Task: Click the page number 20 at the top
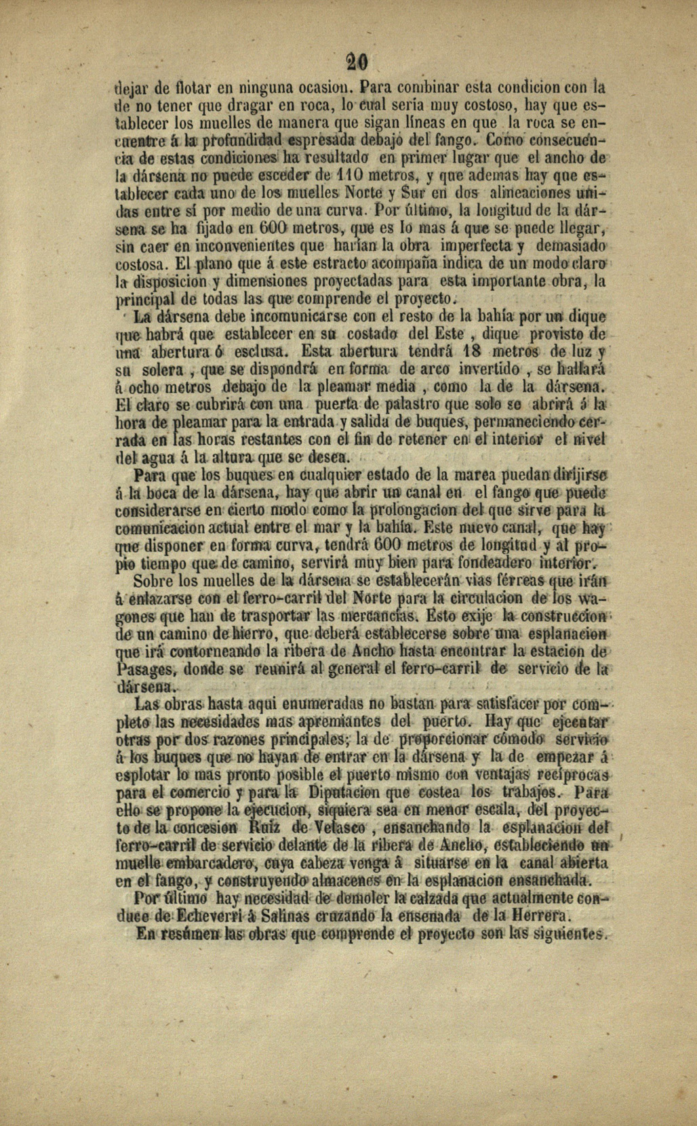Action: click(354, 62)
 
